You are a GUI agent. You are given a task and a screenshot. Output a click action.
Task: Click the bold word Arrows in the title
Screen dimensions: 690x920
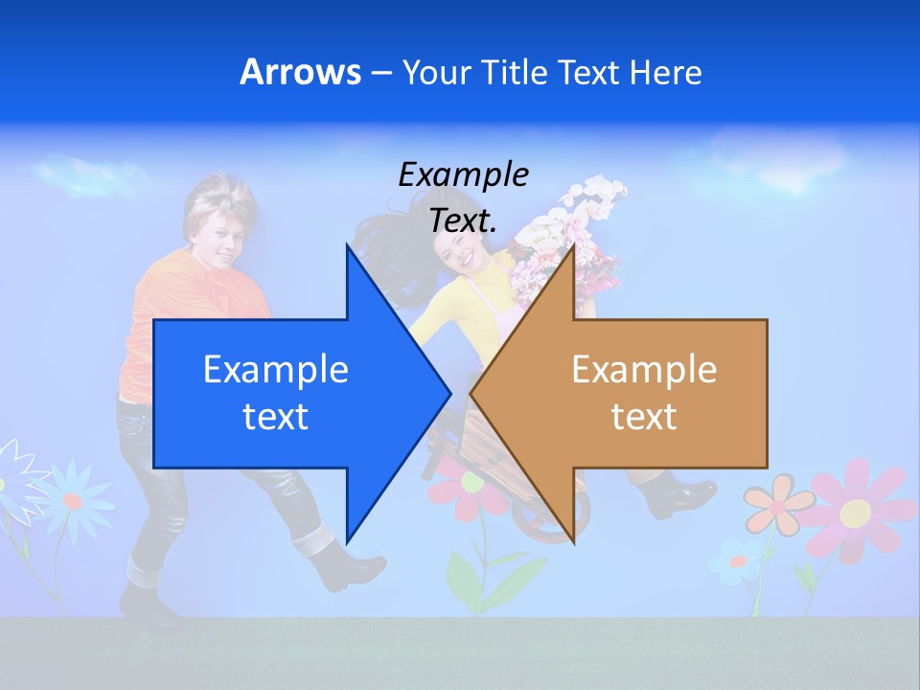[x=300, y=72]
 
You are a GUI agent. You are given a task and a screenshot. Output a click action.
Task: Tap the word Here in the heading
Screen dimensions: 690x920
[x=665, y=72]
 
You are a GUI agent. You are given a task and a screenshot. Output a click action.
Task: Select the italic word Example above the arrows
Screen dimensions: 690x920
[x=464, y=174]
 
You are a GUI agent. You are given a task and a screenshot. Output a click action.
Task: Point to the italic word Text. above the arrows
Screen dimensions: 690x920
[x=464, y=220]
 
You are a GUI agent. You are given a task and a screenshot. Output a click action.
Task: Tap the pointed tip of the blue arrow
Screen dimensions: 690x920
[x=448, y=393]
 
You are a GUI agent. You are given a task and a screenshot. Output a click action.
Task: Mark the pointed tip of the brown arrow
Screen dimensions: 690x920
[x=473, y=393]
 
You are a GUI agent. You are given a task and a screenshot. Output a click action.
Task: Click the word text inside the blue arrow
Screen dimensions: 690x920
[x=275, y=417]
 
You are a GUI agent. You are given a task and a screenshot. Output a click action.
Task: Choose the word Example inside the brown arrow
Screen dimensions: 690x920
[x=644, y=370]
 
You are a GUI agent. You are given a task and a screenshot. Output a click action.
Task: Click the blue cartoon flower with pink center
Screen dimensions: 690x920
[x=72, y=498]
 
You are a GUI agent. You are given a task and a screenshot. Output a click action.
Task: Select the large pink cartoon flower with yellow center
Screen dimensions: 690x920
[x=855, y=512]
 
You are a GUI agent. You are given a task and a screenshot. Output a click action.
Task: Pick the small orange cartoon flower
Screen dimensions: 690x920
[x=776, y=506]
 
